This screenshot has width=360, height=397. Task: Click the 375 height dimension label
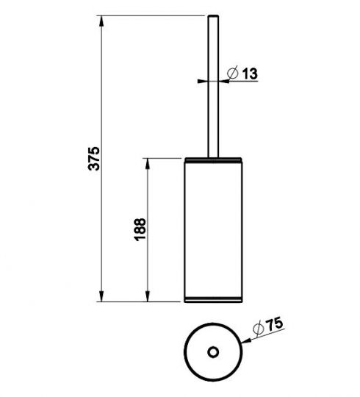94,159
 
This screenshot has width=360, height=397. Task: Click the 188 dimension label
140,229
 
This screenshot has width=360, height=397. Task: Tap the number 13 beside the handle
250,74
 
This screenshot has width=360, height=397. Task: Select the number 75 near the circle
275,325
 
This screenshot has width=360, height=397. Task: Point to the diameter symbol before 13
233,73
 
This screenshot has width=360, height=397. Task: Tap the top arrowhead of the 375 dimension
101,21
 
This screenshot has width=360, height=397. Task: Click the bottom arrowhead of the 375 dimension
101,296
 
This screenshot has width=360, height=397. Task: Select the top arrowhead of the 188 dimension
147,164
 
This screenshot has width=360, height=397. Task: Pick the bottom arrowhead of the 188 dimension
147,296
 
